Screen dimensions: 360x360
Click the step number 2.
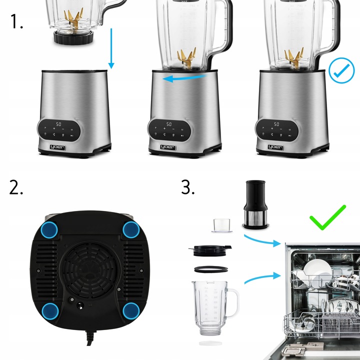[x=16, y=187]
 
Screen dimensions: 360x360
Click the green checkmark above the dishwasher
[x=327, y=216]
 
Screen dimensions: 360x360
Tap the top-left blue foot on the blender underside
[x=49, y=230]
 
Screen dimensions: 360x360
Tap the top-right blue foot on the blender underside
[x=131, y=230]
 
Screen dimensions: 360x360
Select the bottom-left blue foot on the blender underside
[x=49, y=310]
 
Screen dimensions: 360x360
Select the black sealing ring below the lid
[x=211, y=268]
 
